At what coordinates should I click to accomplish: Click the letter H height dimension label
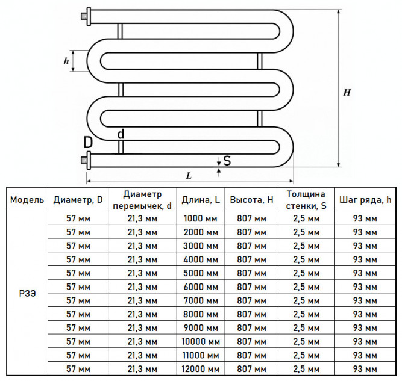coord(347,93)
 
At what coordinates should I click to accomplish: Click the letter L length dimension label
coord(189,176)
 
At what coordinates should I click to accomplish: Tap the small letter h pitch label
coord(66,61)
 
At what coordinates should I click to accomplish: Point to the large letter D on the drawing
coord(88,143)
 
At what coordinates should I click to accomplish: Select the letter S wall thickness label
coord(227,161)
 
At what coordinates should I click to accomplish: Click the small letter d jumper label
coord(121,134)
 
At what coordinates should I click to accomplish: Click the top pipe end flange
coord(89,17)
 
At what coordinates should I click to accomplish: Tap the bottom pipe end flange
coord(89,160)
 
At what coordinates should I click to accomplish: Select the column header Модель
coord(27,200)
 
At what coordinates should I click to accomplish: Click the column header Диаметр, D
coord(78,200)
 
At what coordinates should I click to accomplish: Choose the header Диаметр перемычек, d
coord(142,200)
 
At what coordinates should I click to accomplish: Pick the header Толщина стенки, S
coord(306,200)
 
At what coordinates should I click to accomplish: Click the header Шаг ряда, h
coord(365,200)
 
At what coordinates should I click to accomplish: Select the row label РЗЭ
coord(28,294)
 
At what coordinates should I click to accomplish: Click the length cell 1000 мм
coord(201,218)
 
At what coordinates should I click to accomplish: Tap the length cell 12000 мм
coord(201,369)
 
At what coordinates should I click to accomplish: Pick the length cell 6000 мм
coord(201,287)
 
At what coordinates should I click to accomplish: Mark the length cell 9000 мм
coord(201,328)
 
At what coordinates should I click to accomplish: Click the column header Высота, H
coord(251,200)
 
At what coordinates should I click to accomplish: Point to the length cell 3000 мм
coord(201,246)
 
